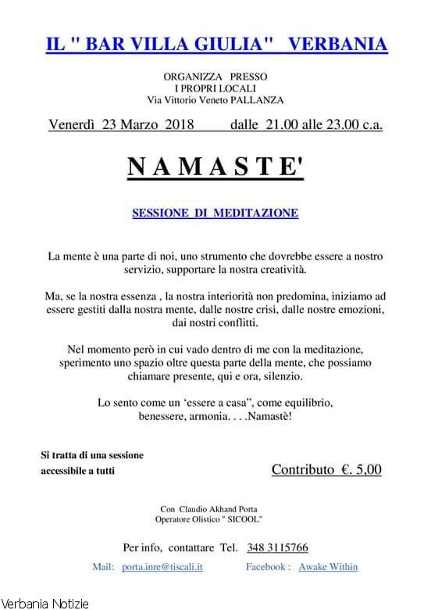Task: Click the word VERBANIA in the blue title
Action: pos(337,45)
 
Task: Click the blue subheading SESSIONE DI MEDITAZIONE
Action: pos(215,213)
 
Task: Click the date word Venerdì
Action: pos(72,125)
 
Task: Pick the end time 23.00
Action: pos(342,125)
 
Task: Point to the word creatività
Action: pos(275,270)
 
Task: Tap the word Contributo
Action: pos(302,470)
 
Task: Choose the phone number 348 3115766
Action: pos(277,547)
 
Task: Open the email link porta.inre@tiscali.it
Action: pos(162,566)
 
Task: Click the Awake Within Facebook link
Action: pos(328,566)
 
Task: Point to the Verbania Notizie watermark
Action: pos(45,603)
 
